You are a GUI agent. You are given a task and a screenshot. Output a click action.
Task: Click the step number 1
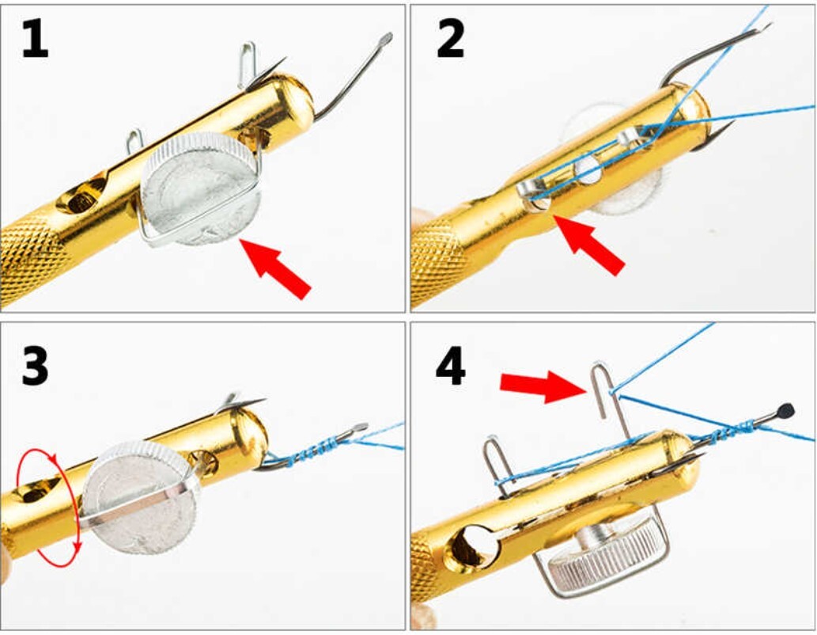[35, 37]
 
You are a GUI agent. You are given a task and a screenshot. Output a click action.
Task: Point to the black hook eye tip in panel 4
[786, 410]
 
